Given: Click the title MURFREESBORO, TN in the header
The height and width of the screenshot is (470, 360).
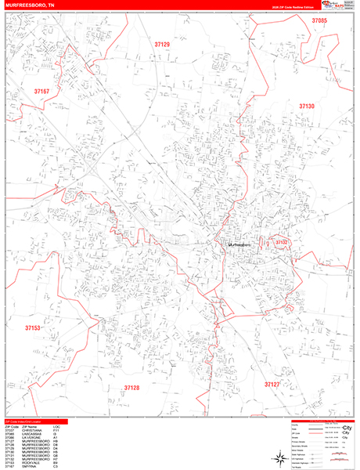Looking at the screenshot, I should pos(32,5).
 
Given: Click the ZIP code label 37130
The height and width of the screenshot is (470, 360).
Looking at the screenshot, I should pos(306,106).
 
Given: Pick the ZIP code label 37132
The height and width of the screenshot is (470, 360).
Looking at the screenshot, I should pos(282,243).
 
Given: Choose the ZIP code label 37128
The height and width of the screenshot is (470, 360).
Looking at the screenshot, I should pos(131,387).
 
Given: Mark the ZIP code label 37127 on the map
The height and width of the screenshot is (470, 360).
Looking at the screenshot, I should pos(272,385).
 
